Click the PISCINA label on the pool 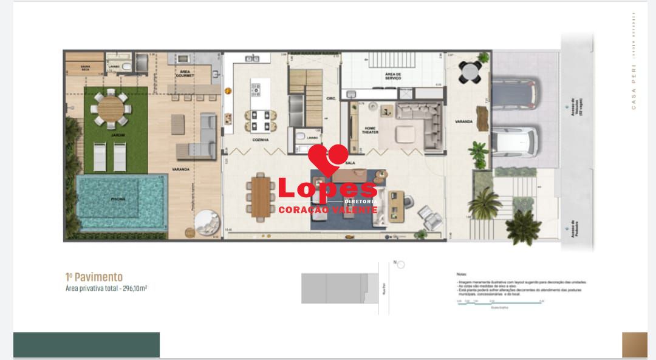[118, 198]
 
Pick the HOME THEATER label [370, 130]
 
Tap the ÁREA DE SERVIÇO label [393, 76]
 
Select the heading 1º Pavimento [94, 277]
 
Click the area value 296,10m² [134, 288]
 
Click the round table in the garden [111, 109]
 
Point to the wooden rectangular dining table [261, 195]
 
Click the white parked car [514, 141]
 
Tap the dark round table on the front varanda [470, 72]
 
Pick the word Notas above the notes [462, 274]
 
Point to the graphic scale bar [499, 303]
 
